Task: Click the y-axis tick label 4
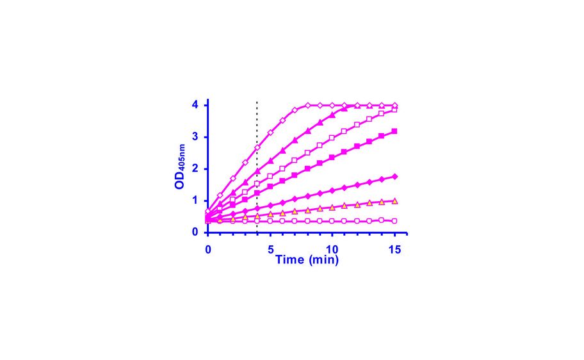195,104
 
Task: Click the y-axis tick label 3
195,136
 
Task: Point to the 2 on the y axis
195,168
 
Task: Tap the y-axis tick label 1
195,200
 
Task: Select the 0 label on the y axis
195,232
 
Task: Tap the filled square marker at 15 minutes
394,131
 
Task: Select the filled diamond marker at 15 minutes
394,176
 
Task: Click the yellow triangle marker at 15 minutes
394,200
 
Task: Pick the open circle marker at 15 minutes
394,220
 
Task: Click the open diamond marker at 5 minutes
270,132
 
